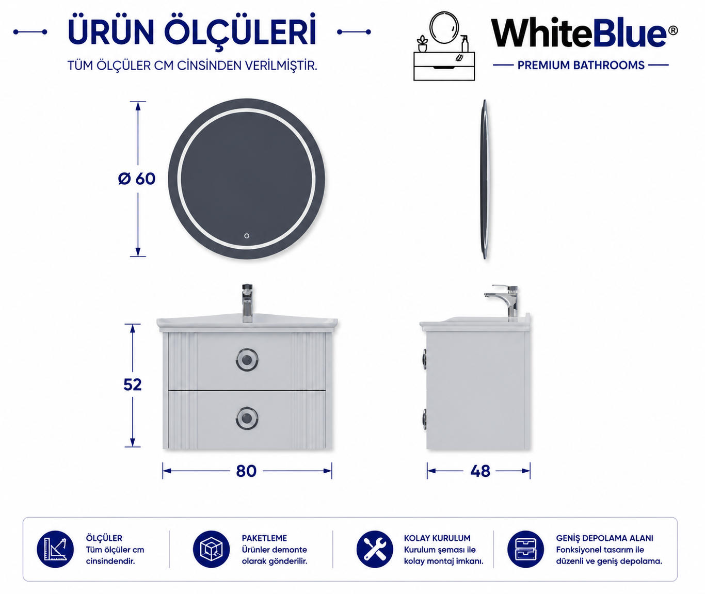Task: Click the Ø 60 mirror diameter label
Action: [x=137, y=178]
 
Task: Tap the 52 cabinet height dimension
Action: [x=132, y=384]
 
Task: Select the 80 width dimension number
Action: [x=246, y=471]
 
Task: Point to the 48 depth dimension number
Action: [x=480, y=471]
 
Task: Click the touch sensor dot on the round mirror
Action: [x=247, y=236]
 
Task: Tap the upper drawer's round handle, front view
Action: [x=247, y=359]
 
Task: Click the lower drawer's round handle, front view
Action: [x=247, y=419]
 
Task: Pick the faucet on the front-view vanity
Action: [x=248, y=302]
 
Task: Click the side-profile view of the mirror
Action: [x=485, y=179]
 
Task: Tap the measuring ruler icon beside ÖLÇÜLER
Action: [x=55, y=549]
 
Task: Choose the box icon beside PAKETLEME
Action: [x=212, y=549]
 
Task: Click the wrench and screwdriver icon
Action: [x=375, y=549]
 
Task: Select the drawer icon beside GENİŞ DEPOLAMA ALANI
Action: [x=526, y=549]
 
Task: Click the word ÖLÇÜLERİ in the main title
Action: [x=240, y=31]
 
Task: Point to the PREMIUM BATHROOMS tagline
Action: [x=581, y=65]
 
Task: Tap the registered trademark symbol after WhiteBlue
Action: [x=673, y=31]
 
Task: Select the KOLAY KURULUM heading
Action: [x=437, y=538]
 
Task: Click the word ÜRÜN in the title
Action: [x=111, y=31]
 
